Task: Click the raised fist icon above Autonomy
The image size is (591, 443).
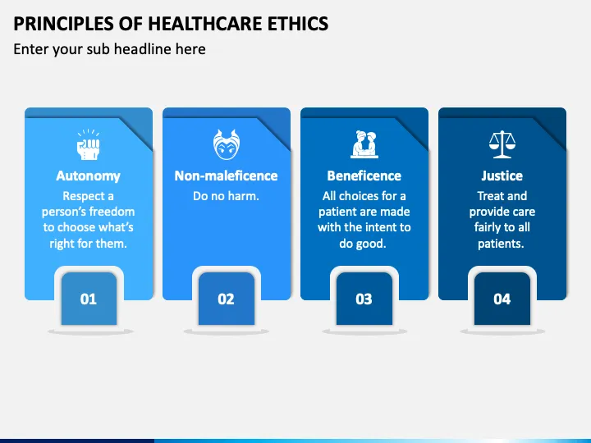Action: [x=88, y=145]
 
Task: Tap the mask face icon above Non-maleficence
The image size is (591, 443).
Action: [x=226, y=145]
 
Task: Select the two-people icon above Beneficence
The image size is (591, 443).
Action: [x=364, y=145]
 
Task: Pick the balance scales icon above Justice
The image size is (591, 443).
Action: [x=502, y=145]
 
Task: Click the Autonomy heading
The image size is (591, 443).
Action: [x=88, y=176]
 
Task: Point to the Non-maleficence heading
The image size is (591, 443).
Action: [x=226, y=176]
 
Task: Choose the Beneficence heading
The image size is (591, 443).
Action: [x=364, y=176]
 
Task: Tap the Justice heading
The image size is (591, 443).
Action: [x=502, y=176]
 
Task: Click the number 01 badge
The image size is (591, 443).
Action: [x=88, y=299]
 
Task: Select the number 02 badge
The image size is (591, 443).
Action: [x=226, y=299]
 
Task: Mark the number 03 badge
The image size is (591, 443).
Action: [x=364, y=299]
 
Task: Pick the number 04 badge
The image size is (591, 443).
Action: [x=502, y=299]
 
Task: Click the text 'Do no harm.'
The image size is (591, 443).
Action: [x=226, y=196]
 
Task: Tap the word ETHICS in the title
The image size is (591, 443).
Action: [x=295, y=23]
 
